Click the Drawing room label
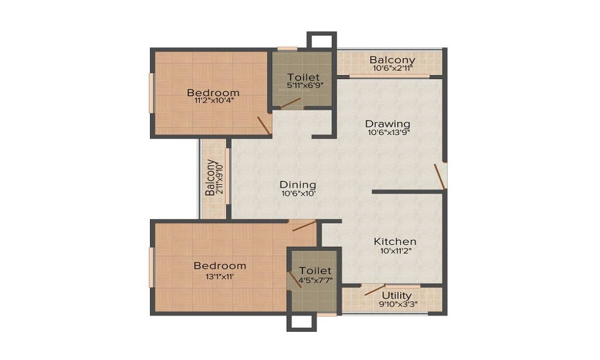tap(388, 124)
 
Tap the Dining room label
tap(298, 185)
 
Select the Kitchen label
tap(395, 241)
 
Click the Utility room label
tap(397, 295)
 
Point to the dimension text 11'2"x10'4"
tap(213, 101)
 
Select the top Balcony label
tap(392, 60)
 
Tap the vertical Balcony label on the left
tap(210, 178)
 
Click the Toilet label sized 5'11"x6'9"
tap(302, 77)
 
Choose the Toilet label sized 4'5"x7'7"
tap(315, 271)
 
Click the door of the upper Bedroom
tap(263, 124)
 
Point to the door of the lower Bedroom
tap(303, 226)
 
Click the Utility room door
tap(375, 289)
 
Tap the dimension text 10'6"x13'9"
tap(388, 133)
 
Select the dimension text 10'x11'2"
tap(395, 251)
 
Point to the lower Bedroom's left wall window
tap(152, 266)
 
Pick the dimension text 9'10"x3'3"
tap(397, 304)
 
